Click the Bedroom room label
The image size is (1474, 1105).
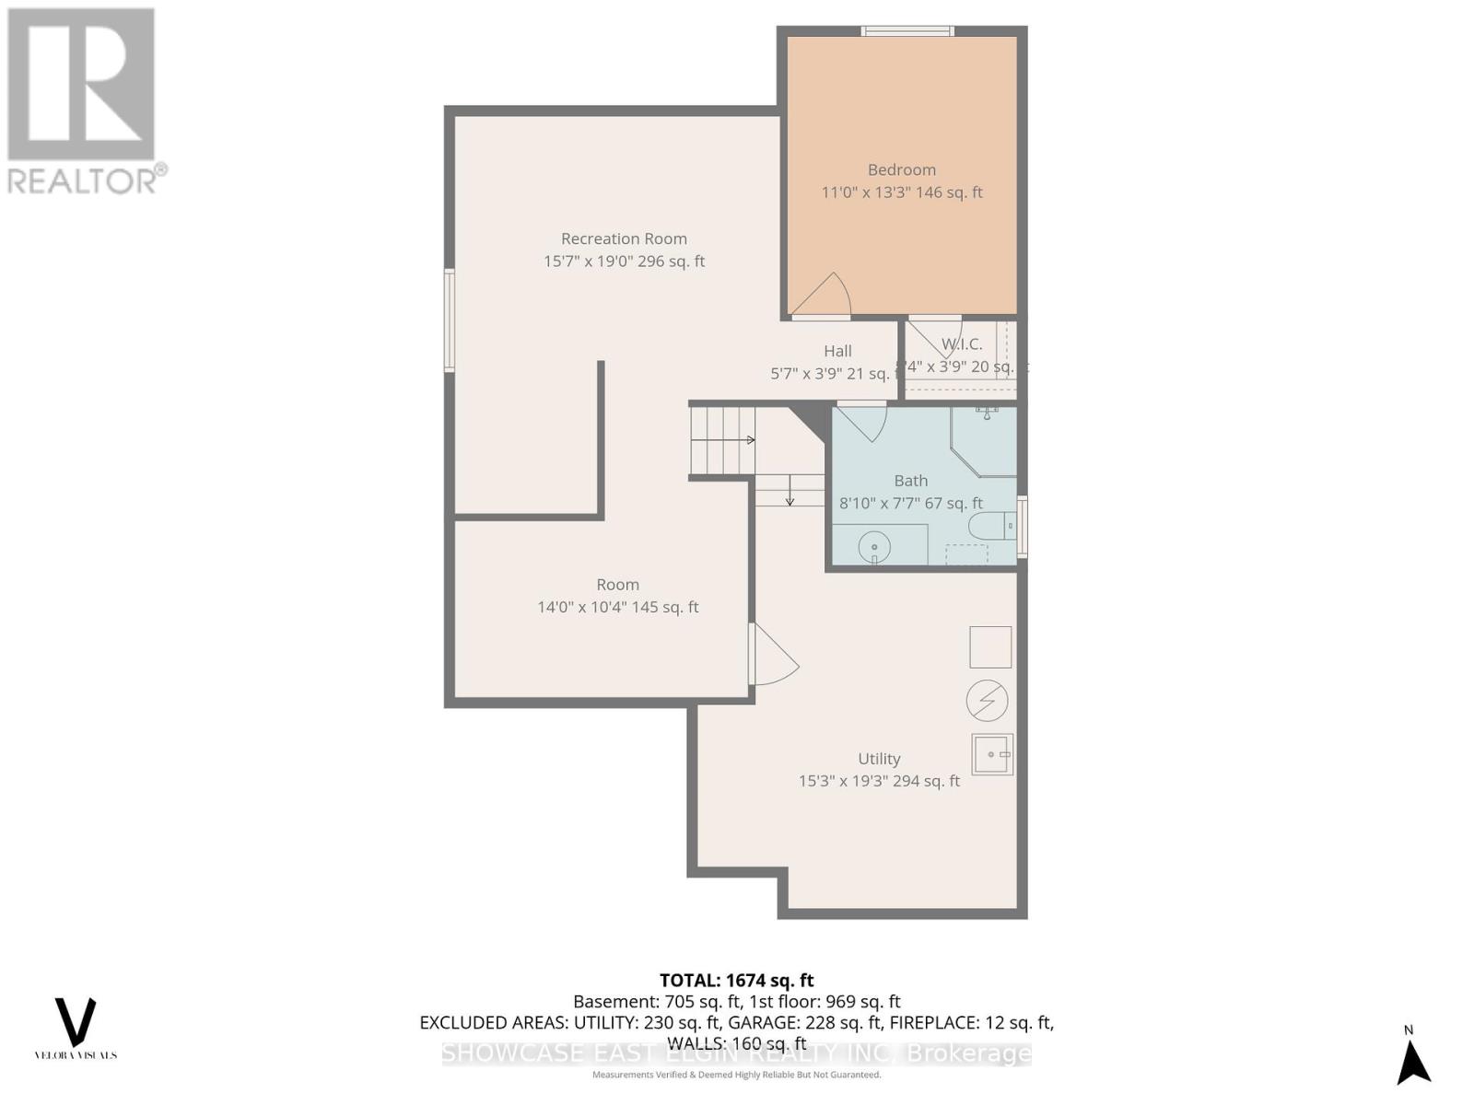pos(901,170)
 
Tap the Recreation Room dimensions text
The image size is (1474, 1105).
pos(624,262)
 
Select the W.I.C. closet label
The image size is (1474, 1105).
pos(961,344)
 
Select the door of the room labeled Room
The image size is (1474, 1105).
pos(772,655)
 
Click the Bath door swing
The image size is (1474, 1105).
pos(863,423)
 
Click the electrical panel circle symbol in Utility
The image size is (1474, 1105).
pos(987,701)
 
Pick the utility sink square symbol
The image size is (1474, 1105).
pos(992,754)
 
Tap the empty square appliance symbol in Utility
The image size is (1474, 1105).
pos(990,647)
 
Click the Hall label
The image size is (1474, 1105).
pos(837,351)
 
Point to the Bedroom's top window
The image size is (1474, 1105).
pos(907,32)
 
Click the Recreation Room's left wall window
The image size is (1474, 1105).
pos(450,320)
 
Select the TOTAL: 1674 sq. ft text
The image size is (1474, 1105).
pos(736,981)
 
